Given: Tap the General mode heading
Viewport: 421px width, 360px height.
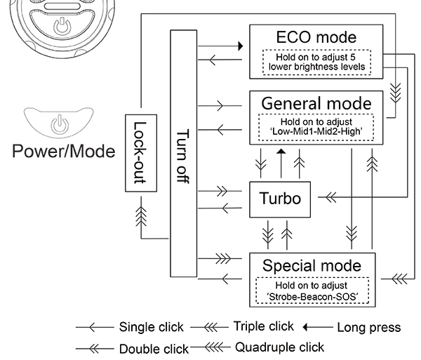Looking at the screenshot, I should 316,103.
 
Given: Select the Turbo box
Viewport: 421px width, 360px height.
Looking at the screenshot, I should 280,199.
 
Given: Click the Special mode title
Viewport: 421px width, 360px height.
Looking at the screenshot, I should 312,265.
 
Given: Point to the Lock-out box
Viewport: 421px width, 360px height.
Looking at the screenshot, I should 139,152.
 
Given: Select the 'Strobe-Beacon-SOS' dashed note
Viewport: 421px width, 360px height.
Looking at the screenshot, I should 312,291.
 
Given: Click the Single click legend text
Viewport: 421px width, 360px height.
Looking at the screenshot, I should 151,327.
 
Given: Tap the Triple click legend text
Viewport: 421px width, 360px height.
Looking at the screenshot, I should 263,326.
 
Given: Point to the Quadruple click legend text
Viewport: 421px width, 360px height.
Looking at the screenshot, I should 279,347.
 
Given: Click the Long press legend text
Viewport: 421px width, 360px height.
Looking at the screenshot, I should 368,327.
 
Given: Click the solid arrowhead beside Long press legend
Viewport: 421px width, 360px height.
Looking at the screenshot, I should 307,327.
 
